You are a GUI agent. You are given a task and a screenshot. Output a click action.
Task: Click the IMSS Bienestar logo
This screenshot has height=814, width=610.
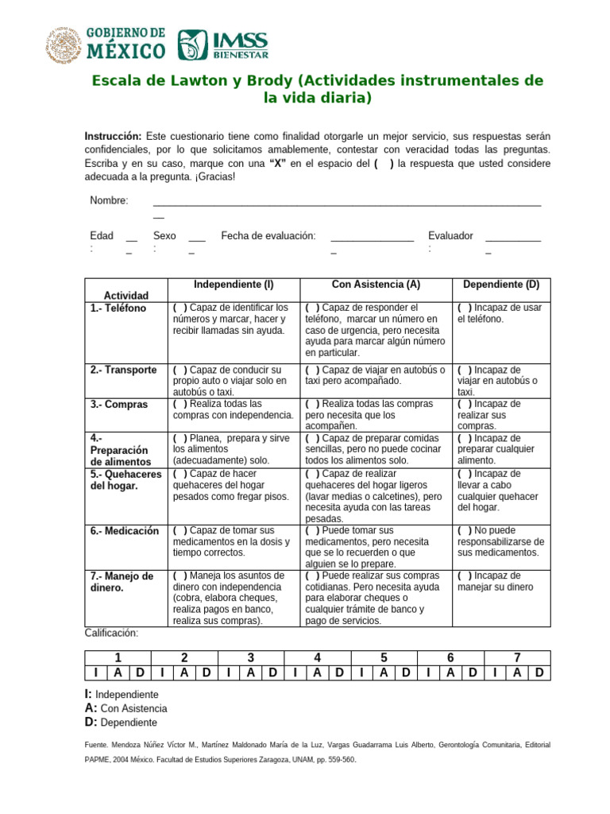point(223,45)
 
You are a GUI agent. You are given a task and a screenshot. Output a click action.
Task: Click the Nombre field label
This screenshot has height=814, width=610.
point(109,200)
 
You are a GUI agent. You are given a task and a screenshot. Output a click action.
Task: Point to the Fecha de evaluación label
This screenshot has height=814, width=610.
point(268,236)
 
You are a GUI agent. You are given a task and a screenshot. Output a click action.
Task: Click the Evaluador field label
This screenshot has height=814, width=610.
point(450,236)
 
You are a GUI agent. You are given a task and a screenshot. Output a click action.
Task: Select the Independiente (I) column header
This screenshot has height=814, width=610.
point(234,285)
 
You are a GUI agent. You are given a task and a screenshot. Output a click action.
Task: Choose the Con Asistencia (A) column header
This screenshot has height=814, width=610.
point(376,285)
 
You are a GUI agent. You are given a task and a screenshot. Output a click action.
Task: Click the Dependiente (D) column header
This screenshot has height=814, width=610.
point(500,285)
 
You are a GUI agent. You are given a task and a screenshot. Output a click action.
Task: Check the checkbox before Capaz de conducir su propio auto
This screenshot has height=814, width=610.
point(180,370)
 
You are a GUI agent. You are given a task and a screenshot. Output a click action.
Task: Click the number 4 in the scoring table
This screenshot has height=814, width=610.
point(317,657)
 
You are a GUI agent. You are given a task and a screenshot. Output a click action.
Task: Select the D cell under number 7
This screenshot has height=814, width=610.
point(539,673)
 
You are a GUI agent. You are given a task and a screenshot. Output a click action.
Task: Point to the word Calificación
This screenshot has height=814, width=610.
point(111,633)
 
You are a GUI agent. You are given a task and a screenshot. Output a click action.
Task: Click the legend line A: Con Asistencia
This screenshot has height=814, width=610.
point(125,708)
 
